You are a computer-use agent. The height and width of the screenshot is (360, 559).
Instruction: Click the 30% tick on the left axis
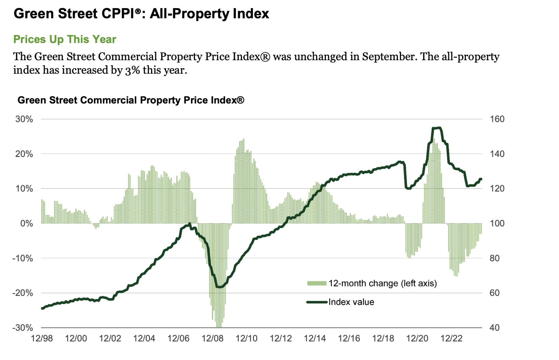pyautogui.click(x=24, y=119)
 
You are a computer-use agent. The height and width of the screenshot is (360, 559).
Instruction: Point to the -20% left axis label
pyautogui.click(x=23, y=293)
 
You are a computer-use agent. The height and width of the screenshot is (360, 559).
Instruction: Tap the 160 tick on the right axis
pyautogui.click(x=497, y=119)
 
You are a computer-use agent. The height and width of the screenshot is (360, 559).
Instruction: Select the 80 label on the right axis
pyautogui.click(x=494, y=258)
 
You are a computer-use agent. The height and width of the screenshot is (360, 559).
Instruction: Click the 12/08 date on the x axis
pyautogui.click(x=212, y=338)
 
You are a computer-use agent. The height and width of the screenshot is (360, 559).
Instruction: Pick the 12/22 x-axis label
pyautogui.click(x=451, y=338)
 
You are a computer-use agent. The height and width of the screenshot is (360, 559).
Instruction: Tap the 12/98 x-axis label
pyautogui.click(x=42, y=338)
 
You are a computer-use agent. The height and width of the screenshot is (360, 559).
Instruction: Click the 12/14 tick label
pyautogui.click(x=315, y=338)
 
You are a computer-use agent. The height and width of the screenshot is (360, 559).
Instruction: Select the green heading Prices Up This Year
pyautogui.click(x=65, y=40)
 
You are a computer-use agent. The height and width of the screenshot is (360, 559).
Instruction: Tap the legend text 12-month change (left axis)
pyautogui.click(x=382, y=283)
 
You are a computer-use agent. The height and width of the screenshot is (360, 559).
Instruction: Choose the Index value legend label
pyautogui.click(x=351, y=302)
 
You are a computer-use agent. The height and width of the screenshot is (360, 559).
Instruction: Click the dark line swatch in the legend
pyautogui.click(x=317, y=302)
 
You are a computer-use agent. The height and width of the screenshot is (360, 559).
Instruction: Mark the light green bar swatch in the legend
pyautogui.click(x=317, y=283)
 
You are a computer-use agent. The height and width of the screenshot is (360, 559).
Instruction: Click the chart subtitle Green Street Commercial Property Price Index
pyautogui.click(x=131, y=100)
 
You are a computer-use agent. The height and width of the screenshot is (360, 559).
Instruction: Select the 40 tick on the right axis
pyautogui.click(x=494, y=328)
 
